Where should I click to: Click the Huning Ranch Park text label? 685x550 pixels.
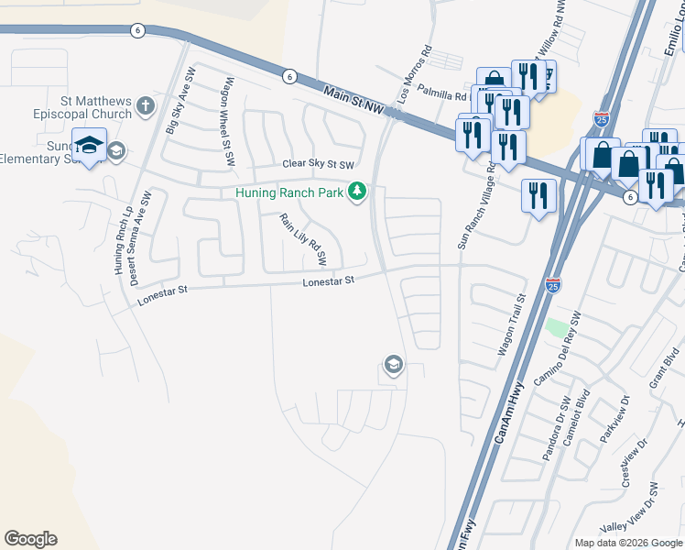click(288, 192)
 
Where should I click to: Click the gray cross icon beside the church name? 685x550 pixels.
click(145, 107)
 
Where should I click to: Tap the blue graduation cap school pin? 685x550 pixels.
click(90, 148)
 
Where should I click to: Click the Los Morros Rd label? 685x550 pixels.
click(413, 75)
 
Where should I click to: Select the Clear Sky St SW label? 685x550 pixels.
click(317, 165)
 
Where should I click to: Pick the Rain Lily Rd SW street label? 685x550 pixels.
click(303, 240)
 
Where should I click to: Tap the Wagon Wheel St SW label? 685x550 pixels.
click(226, 121)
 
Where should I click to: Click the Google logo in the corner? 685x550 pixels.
click(30, 539)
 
